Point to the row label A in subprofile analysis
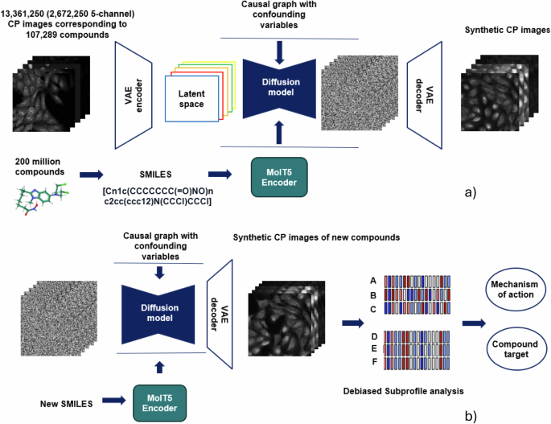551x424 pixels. click(372, 281)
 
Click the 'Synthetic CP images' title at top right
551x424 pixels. click(508, 30)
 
